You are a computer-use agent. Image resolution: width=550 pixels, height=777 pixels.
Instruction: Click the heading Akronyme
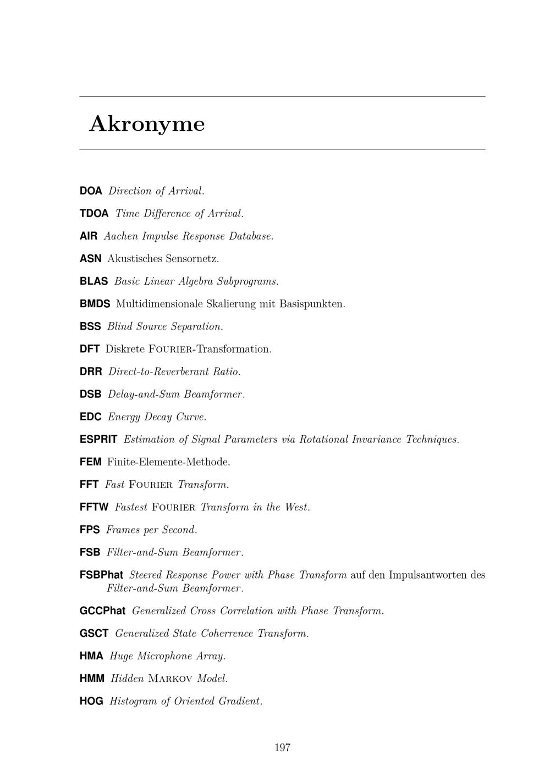pos(147,124)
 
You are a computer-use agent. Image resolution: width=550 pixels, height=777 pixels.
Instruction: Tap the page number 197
pos(282,747)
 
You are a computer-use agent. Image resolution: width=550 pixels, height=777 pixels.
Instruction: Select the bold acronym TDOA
pos(94,214)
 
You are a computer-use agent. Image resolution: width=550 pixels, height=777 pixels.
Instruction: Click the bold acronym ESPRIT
pos(98,440)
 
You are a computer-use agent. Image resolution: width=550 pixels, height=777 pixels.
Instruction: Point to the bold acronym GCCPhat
pos(102,611)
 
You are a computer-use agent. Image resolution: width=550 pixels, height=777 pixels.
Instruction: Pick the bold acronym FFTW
pos(94,507)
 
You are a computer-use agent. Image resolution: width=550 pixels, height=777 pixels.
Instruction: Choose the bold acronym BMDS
pos(95,304)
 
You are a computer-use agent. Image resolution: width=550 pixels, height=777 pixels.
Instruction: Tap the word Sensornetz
pos(192,259)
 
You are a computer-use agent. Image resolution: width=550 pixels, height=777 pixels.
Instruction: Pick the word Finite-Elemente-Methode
pos(168,462)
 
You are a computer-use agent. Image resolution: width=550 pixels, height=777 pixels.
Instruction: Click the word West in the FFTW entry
pos(297,507)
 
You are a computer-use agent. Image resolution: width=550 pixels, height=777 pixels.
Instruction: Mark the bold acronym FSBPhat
pos(101,575)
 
